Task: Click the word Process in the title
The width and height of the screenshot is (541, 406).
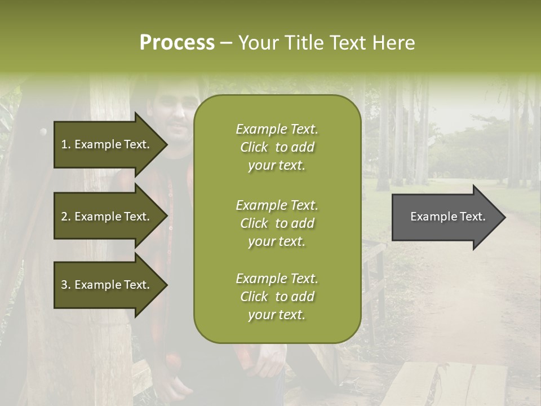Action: [177, 43]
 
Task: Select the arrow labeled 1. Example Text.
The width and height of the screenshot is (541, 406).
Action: [107, 144]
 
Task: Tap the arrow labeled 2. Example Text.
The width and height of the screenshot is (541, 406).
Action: [107, 217]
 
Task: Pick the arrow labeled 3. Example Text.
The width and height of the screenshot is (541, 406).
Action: [107, 285]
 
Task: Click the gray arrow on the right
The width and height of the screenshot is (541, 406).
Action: [445, 217]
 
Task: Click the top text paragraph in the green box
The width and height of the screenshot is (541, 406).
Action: [277, 147]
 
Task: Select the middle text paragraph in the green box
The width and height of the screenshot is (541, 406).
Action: [277, 223]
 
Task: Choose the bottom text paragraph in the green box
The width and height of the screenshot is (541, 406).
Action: [277, 297]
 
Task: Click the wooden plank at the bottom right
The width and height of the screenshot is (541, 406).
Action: [445, 383]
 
